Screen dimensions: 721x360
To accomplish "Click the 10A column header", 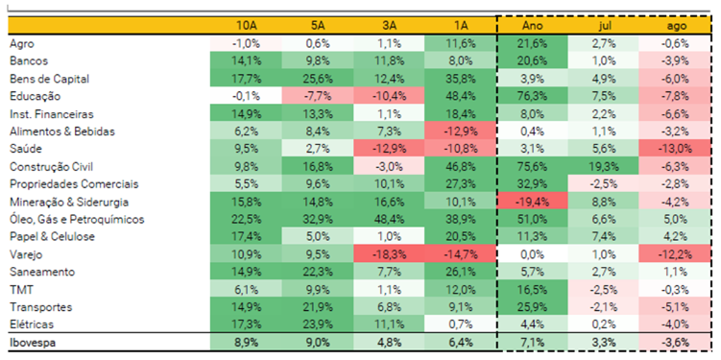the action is click(246, 26).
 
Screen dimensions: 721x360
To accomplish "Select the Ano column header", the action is click(533, 26).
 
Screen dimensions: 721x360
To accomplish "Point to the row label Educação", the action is click(35, 97).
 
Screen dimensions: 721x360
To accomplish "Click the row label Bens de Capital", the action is click(49, 79).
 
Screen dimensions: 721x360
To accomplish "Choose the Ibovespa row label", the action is click(33, 343).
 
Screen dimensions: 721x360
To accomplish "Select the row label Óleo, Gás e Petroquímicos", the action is click(77, 219).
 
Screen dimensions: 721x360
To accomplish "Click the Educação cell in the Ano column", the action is click(533, 97).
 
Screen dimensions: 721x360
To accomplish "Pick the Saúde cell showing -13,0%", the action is click(675, 149).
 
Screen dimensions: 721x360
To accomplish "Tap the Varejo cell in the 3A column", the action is click(389, 254).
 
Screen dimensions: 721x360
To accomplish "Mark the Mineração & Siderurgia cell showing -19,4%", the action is click(533, 202).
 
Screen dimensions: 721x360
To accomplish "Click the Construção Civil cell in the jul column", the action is click(603, 167).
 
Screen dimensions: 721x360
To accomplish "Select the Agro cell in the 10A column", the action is click(246, 44).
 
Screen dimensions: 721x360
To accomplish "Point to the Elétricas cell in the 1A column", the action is click(461, 324).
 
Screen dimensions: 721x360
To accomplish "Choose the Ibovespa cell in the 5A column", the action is click(317, 343).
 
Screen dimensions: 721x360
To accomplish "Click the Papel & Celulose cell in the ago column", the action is click(675, 237).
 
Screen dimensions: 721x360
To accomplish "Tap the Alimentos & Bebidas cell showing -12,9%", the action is click(461, 132).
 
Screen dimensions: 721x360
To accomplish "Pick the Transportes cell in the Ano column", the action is click(533, 307).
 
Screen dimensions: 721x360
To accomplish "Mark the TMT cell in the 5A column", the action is click(317, 290).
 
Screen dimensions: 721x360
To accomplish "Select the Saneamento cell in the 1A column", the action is click(461, 273).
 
